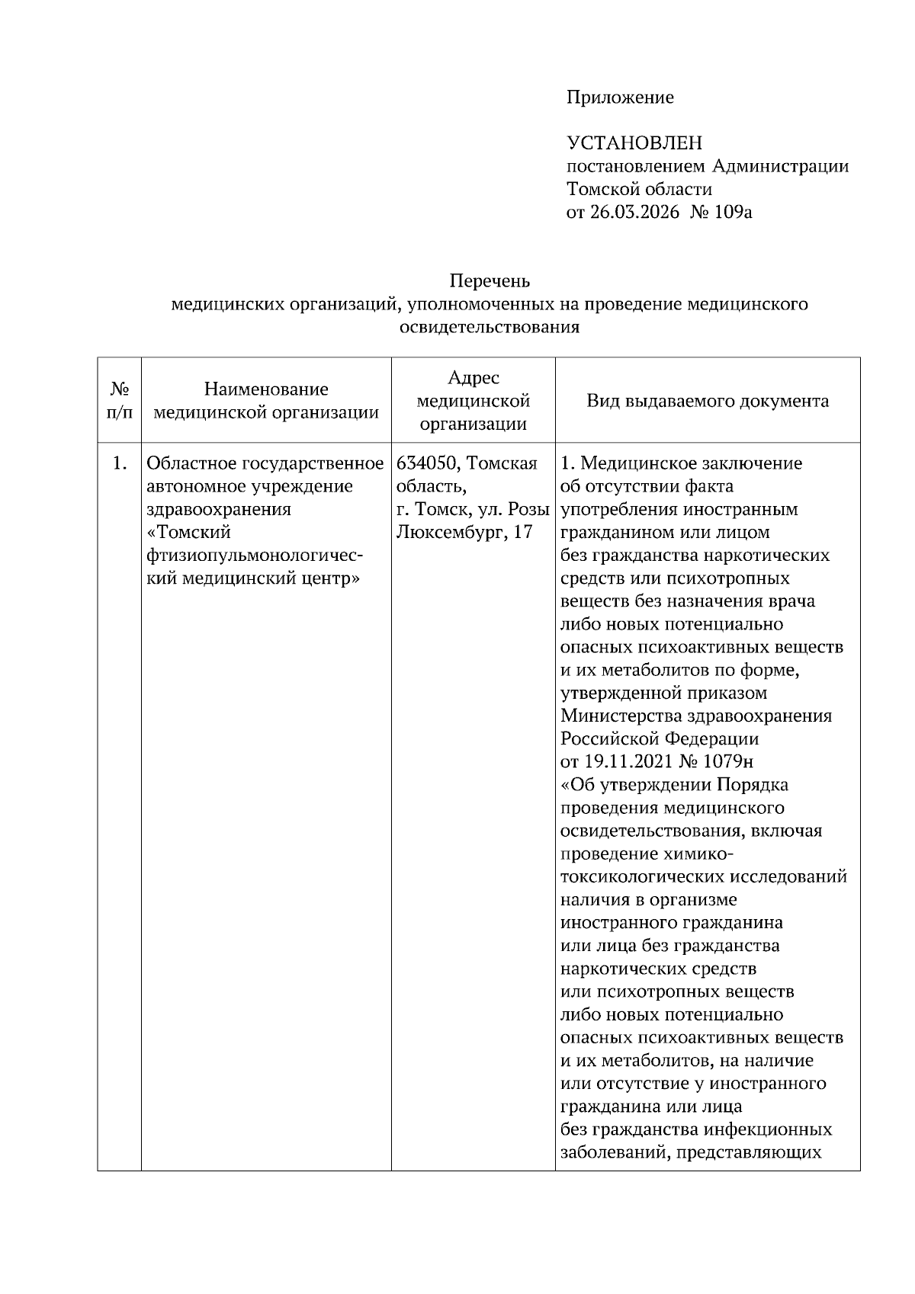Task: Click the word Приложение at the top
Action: [619, 98]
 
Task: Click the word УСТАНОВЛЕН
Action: [634, 143]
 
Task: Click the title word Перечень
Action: [489, 281]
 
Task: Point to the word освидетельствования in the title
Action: [489, 328]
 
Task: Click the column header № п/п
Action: [119, 401]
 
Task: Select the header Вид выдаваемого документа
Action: [708, 401]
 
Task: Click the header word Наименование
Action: [266, 389]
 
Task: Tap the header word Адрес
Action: [473, 378]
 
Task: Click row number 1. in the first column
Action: [119, 463]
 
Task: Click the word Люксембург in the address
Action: [448, 532]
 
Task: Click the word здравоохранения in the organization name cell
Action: [219, 509]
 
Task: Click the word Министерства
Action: [621, 716]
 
